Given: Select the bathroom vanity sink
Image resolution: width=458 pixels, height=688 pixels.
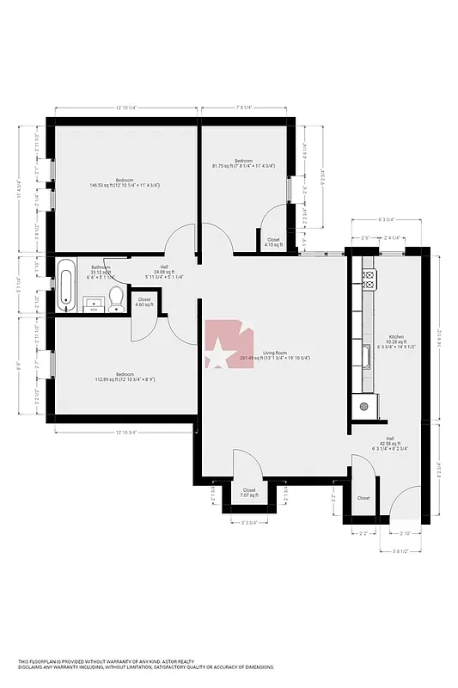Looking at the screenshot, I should pyautogui.click(x=92, y=302).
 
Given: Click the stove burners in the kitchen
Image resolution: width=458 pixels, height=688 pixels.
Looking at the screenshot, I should pyautogui.click(x=369, y=279).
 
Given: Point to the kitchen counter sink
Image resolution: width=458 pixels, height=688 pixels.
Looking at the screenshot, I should pyautogui.click(x=366, y=353).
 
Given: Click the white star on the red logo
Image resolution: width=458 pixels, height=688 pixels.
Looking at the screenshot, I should pyautogui.click(x=218, y=353).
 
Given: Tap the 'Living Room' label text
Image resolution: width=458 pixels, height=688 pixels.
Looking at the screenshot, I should pyautogui.click(x=275, y=352).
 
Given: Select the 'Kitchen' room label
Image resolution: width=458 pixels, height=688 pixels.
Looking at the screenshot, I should pyautogui.click(x=395, y=336).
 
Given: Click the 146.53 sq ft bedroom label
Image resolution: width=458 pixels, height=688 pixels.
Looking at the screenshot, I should pyautogui.click(x=125, y=182).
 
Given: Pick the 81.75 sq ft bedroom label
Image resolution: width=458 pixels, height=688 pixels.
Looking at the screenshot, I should pyautogui.click(x=243, y=163).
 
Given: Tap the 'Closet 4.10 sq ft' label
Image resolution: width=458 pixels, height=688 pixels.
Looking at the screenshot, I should pyautogui.click(x=272, y=243).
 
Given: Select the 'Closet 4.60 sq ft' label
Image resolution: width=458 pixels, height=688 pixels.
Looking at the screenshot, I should pyautogui.click(x=144, y=302).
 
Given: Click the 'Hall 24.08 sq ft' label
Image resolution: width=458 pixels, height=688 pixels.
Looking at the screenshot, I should pyautogui.click(x=174, y=271).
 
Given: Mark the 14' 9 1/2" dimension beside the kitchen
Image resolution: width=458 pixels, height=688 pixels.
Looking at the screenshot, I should pyautogui.click(x=441, y=332).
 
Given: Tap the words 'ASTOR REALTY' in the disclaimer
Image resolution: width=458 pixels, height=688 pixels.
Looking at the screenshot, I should pyautogui.click(x=175, y=660).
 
